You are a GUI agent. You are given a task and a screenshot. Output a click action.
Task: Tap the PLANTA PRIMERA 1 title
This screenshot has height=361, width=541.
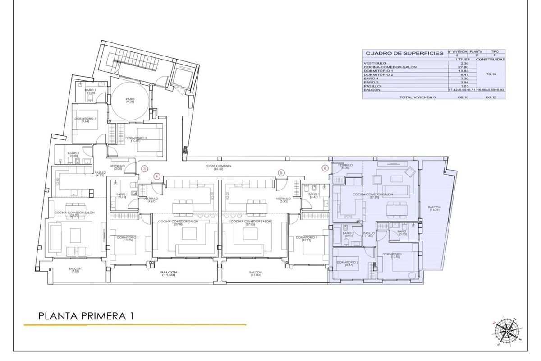click(86, 316)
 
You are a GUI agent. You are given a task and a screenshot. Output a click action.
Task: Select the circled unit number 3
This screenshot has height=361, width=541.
click(144, 169)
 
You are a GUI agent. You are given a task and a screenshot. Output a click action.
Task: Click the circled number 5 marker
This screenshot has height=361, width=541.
click(281, 172)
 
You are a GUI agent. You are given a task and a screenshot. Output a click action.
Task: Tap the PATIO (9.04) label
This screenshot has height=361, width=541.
click(130, 101)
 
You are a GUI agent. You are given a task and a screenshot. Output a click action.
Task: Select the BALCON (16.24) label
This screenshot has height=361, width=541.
click(434, 209)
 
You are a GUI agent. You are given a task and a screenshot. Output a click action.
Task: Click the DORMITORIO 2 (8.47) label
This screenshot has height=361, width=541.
click(347, 264)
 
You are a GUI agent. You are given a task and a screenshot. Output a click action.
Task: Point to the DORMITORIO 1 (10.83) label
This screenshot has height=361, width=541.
click(393, 255)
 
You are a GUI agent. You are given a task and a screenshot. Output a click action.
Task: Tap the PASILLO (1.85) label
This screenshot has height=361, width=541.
click(369, 235)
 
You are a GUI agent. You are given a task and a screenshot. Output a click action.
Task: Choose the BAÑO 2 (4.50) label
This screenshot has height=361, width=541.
click(73, 155)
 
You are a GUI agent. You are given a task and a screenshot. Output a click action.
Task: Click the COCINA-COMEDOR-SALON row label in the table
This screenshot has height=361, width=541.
click(390, 67)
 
